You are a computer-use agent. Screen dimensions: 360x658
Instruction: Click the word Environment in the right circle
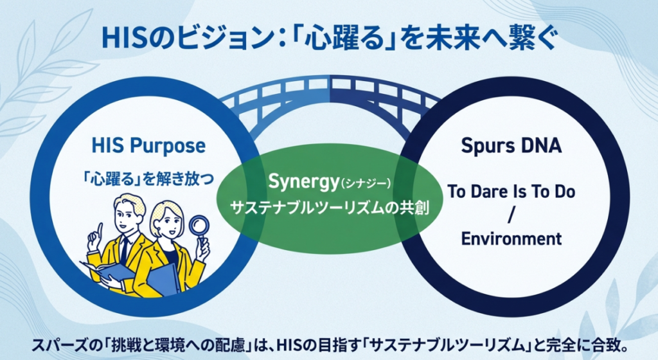(x=511, y=239)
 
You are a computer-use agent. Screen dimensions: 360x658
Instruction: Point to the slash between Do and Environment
(x=511, y=216)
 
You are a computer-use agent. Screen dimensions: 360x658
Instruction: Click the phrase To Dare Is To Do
(x=511, y=192)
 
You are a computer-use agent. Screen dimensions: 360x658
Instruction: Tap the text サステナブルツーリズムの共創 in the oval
(x=330, y=210)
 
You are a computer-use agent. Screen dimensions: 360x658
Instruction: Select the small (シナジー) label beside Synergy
(x=365, y=186)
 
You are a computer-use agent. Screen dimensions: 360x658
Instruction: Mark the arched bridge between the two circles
(x=329, y=90)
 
